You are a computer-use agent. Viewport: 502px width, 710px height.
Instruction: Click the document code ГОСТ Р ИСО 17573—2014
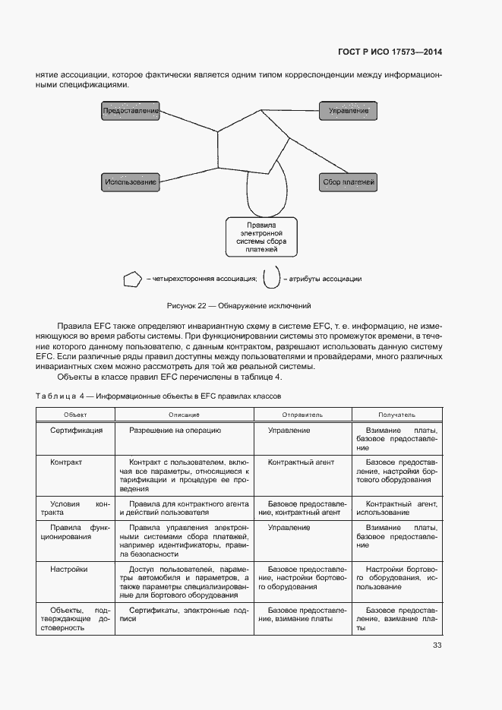coord(390,52)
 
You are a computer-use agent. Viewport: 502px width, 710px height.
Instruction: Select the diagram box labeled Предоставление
coord(130,111)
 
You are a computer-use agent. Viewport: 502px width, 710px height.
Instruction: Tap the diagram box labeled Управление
coord(349,111)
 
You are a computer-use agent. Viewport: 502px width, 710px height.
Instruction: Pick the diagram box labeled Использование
coord(130,182)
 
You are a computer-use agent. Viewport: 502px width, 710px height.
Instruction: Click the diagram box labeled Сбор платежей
coord(349,182)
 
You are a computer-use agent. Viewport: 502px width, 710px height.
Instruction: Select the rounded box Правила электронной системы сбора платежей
coord(260,237)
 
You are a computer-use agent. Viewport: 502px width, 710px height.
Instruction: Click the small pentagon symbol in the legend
coord(132,279)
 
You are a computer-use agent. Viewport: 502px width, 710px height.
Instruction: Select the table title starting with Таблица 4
coord(159,396)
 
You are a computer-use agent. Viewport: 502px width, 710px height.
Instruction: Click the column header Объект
coord(75,415)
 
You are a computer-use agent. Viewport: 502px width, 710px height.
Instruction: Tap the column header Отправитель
coord(302,415)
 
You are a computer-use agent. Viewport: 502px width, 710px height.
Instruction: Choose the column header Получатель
coord(396,415)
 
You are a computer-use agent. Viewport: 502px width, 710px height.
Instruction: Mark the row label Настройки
coord(69,569)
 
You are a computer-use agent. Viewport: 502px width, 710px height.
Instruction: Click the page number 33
coord(437,645)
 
